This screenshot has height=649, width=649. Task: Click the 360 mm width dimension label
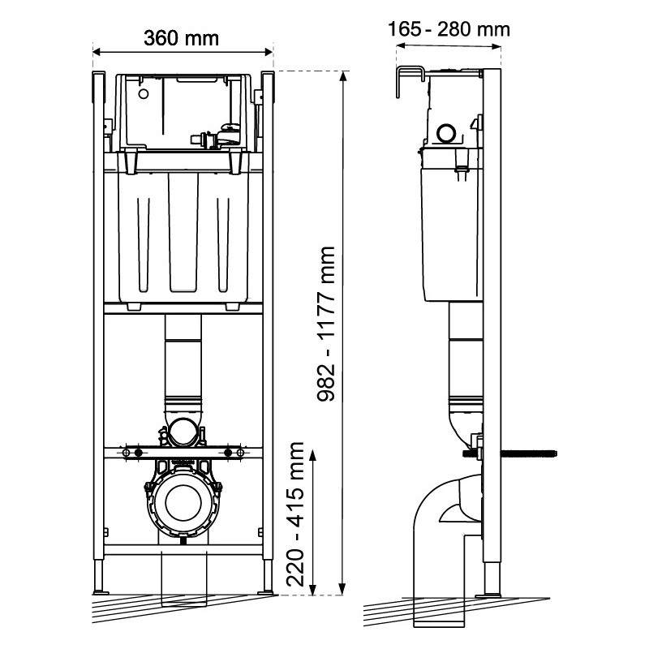click(x=181, y=38)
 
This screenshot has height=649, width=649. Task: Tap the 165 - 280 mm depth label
click(x=449, y=29)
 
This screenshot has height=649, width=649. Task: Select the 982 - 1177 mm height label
click(x=326, y=324)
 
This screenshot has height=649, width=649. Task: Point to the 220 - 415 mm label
click(x=295, y=514)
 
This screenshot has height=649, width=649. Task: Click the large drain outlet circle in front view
click(x=183, y=502)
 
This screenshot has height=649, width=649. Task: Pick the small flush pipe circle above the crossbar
click(x=184, y=432)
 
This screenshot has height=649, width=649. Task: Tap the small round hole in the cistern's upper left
click(x=144, y=94)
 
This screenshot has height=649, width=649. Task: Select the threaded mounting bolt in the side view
click(x=509, y=453)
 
